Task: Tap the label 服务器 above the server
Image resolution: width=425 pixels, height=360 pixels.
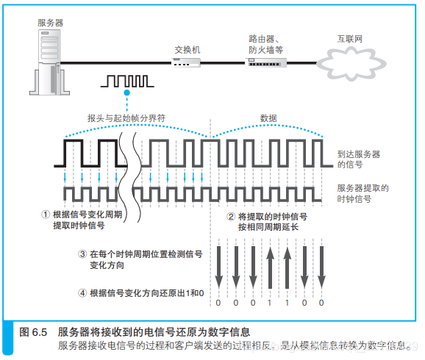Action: pos(51,23)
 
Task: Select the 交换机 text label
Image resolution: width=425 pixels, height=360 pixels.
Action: pos(187,50)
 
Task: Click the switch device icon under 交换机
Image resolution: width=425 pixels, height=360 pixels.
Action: pos(187,64)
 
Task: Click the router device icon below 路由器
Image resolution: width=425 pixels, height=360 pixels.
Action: pos(266,64)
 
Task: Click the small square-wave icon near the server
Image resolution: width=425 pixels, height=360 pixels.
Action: pos(127,80)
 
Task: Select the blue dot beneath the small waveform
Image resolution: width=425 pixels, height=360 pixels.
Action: pos(127,94)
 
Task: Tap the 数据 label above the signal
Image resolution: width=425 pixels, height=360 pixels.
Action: pos(269,118)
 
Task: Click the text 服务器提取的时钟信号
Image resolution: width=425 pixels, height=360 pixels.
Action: pos(362,193)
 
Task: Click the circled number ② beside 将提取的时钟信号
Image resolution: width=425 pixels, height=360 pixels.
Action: pos(231,217)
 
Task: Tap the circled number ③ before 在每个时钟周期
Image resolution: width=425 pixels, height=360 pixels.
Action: pos(82,253)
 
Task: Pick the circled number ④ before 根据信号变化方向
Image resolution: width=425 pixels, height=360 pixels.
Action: pos(82,292)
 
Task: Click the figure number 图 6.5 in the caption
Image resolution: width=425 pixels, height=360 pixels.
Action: pos(35,332)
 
